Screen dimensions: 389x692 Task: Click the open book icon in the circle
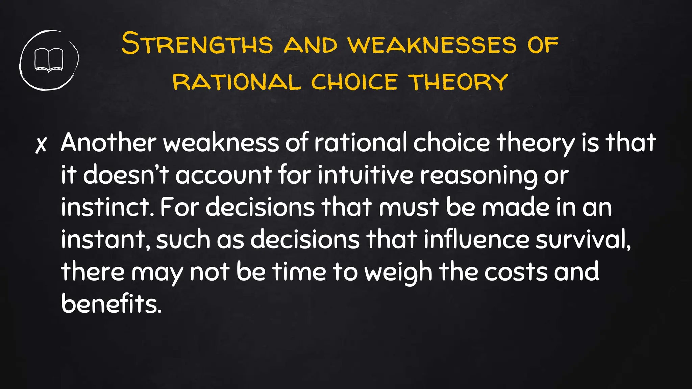pos(49,60)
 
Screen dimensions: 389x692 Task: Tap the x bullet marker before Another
pos(41,145)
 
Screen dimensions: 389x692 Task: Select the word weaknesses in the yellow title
pos(432,45)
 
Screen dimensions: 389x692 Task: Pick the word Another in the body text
pos(108,142)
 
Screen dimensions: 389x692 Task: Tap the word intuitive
pos(366,175)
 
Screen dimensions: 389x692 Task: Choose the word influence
pos(476,239)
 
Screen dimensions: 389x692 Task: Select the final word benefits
pos(111,304)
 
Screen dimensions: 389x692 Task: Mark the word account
pos(224,175)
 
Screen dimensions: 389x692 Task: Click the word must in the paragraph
pos(409,207)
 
